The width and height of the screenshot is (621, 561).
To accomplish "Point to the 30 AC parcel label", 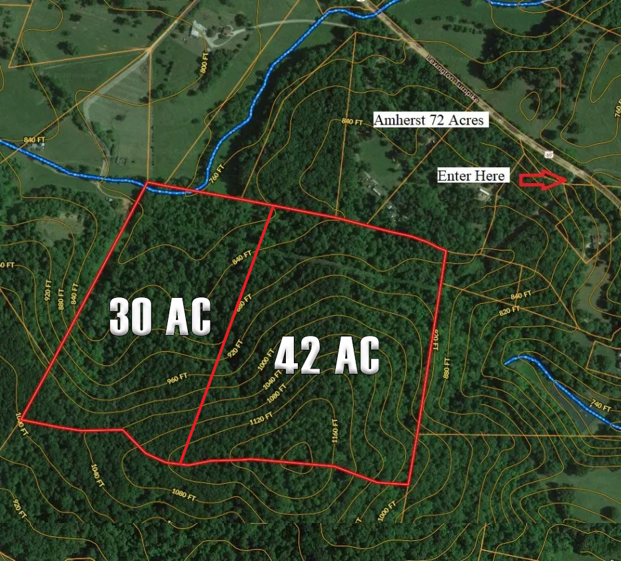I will (x=160, y=316).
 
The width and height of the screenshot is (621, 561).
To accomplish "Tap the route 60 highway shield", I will (x=548, y=154).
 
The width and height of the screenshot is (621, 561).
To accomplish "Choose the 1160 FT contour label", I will (x=334, y=430).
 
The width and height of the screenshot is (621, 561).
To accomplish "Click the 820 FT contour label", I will (x=509, y=311).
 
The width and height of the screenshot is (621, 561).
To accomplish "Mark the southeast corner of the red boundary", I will (x=407, y=484).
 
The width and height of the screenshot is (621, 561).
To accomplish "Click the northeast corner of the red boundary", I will (x=445, y=251).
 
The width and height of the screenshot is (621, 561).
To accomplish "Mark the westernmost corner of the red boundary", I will (x=23, y=419).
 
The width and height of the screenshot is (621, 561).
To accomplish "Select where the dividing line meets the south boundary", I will (x=181, y=463).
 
